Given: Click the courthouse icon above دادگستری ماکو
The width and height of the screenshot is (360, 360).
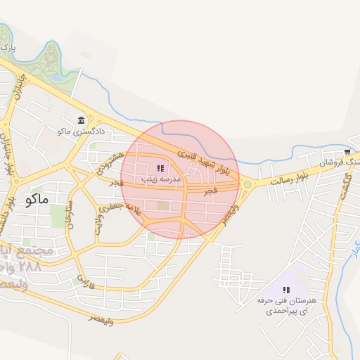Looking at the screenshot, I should [82, 120].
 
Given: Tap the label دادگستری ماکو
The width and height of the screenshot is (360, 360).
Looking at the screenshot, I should [81, 131].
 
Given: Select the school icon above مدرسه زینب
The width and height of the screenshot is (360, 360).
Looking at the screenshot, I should [160, 168].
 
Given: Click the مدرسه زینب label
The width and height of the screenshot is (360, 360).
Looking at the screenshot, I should [162, 179].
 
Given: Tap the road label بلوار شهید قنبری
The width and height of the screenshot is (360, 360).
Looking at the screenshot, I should [204, 158].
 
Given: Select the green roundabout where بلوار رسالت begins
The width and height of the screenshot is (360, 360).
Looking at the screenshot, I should [247, 185].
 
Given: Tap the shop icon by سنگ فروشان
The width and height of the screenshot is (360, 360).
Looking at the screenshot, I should [347, 152].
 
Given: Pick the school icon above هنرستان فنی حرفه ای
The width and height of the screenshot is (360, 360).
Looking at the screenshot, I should [286, 290].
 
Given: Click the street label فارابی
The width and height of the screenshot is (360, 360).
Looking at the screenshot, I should [84, 282].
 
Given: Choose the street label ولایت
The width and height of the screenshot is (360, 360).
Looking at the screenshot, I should [98, 224].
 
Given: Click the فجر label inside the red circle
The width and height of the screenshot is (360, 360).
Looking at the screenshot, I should [209, 191].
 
